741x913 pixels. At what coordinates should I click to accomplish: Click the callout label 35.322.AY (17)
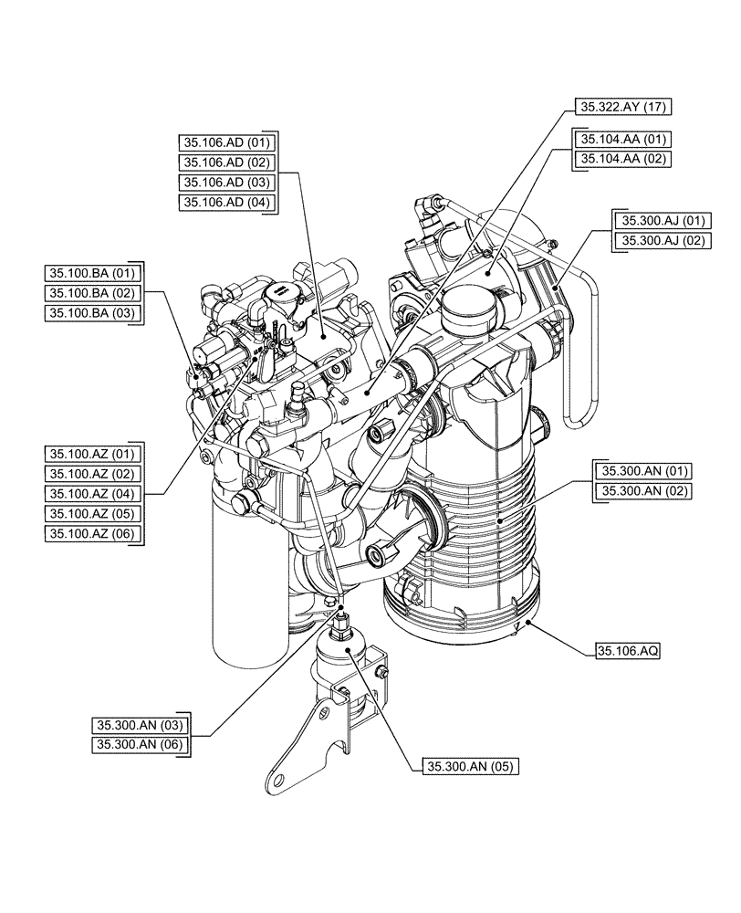623,107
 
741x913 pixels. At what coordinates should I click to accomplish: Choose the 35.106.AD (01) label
227,143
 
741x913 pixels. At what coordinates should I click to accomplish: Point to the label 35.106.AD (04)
227,203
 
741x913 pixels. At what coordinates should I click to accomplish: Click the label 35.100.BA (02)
91,292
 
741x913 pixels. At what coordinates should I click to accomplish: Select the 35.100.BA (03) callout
91,312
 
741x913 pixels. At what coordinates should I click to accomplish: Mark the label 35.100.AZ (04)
92,494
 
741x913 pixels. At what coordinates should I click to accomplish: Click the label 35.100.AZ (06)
92,534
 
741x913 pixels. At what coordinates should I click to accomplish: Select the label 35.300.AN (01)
644,472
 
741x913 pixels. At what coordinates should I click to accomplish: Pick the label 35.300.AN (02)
644,492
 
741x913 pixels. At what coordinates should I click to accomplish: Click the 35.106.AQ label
628,652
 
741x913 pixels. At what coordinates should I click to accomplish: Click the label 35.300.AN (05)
470,768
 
